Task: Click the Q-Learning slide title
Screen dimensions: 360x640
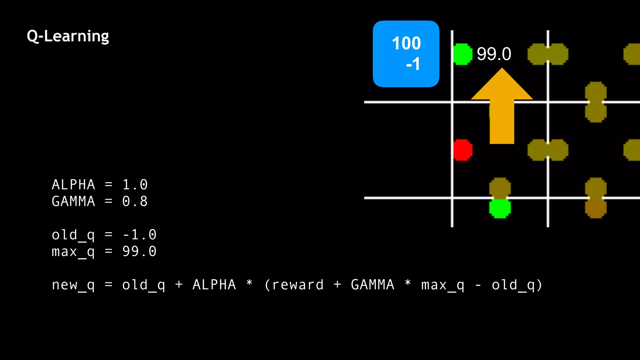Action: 68,36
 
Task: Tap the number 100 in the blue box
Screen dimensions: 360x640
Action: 406,43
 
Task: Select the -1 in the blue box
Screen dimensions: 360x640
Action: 413,64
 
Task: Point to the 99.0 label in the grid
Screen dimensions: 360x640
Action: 494,54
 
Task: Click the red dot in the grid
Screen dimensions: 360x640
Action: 462,150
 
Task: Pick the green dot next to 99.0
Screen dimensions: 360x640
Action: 462,54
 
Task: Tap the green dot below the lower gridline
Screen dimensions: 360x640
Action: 500,208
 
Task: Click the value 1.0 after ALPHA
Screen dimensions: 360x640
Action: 135,185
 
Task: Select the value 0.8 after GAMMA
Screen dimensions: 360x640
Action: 135,201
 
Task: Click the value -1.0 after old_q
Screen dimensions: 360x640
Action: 139,235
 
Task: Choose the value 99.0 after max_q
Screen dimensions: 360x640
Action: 139,251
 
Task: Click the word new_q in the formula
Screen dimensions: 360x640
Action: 73,285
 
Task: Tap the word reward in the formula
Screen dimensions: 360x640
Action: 297,285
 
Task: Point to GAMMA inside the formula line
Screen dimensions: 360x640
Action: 372,285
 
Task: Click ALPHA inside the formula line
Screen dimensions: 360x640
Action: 214,285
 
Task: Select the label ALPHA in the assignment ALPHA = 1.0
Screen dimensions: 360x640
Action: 73,185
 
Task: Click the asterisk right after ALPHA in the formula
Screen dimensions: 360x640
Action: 249,283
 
